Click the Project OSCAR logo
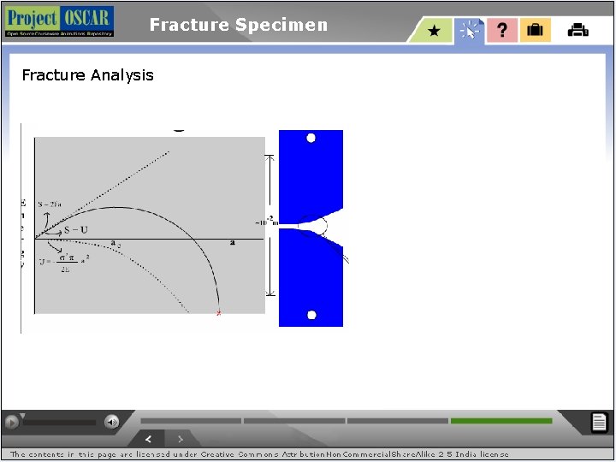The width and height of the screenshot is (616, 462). (58, 21)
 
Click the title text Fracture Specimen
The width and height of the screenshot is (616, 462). (238, 25)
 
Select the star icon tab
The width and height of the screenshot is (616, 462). (435, 31)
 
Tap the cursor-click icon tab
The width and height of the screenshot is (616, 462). (469, 31)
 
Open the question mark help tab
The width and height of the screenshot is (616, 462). (502, 31)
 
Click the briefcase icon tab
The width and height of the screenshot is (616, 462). (535, 31)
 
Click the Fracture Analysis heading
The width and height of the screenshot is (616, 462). (87, 75)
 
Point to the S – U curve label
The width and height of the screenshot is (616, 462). (76, 231)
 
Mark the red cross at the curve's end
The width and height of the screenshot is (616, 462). (218, 313)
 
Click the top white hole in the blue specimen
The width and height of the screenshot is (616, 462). (311, 138)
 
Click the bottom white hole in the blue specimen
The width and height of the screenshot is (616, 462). (311, 315)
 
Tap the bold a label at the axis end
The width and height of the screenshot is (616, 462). (232, 243)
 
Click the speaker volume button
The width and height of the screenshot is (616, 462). (111, 421)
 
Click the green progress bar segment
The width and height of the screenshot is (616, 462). (501, 421)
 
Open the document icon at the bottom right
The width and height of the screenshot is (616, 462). (600, 422)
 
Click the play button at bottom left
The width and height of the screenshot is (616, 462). (12, 422)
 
